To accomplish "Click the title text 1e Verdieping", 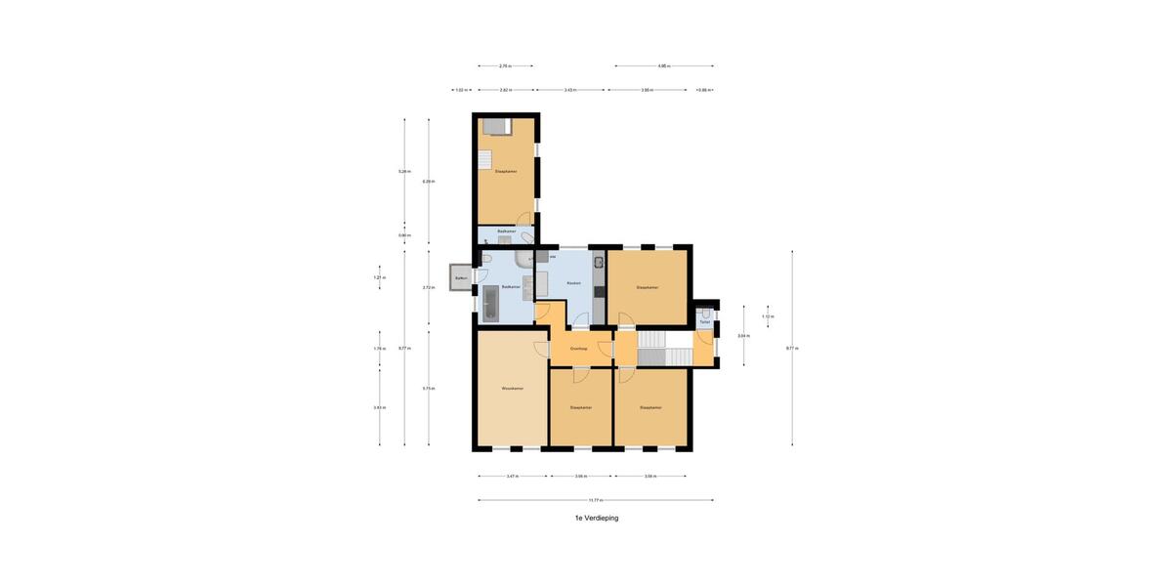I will [596, 518].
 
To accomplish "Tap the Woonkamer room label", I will [512, 388].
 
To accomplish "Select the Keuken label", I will [574, 283].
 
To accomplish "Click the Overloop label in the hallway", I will [578, 348].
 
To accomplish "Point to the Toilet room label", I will [704, 321].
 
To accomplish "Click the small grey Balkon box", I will [460, 278].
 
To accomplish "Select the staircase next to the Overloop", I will [651, 348].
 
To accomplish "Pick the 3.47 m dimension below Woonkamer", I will [513, 477].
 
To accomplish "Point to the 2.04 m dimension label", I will [744, 335].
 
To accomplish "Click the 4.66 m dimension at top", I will [663, 65].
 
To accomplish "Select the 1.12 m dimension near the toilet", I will [768, 316].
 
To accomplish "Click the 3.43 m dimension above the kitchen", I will [570, 90].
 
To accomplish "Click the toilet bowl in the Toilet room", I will [704, 314].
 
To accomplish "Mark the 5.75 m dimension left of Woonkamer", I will [428, 389].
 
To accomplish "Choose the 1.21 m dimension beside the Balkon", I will [379, 277].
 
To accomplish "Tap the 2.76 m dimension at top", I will [504, 65].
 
